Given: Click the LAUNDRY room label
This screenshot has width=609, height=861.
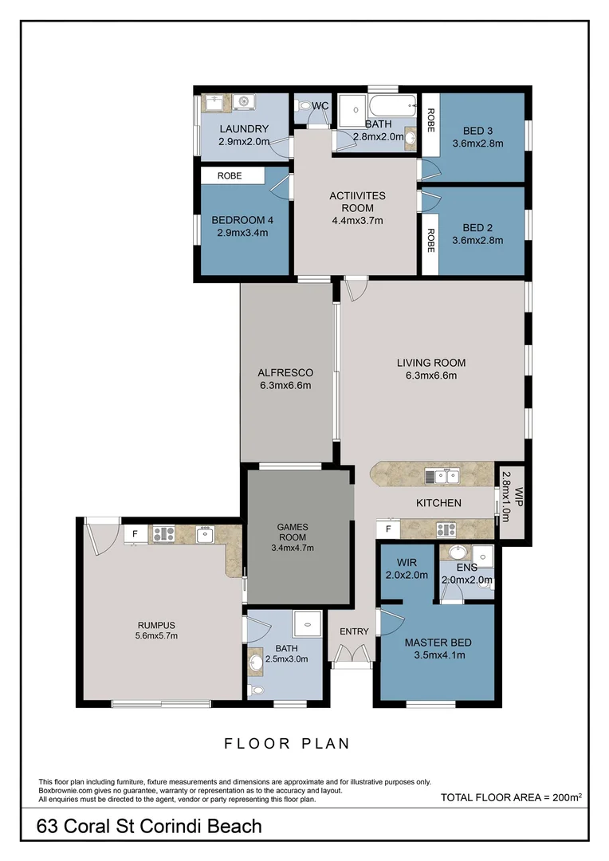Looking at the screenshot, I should [243, 129].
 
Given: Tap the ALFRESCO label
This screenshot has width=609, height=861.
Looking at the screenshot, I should [285, 372].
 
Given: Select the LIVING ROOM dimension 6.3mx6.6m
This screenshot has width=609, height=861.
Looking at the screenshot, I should [430, 375].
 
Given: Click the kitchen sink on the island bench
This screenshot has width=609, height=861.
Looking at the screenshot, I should [442, 477].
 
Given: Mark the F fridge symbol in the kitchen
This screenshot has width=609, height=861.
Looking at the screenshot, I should [388, 529].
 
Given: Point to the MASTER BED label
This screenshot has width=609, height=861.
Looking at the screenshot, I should [438, 643].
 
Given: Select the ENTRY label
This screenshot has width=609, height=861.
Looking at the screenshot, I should [354, 631].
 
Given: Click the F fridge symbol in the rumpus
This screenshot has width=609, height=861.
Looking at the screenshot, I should [136, 533].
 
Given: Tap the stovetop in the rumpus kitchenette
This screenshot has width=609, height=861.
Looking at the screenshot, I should [163, 533].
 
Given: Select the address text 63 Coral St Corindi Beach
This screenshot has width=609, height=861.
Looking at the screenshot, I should [149, 827].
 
